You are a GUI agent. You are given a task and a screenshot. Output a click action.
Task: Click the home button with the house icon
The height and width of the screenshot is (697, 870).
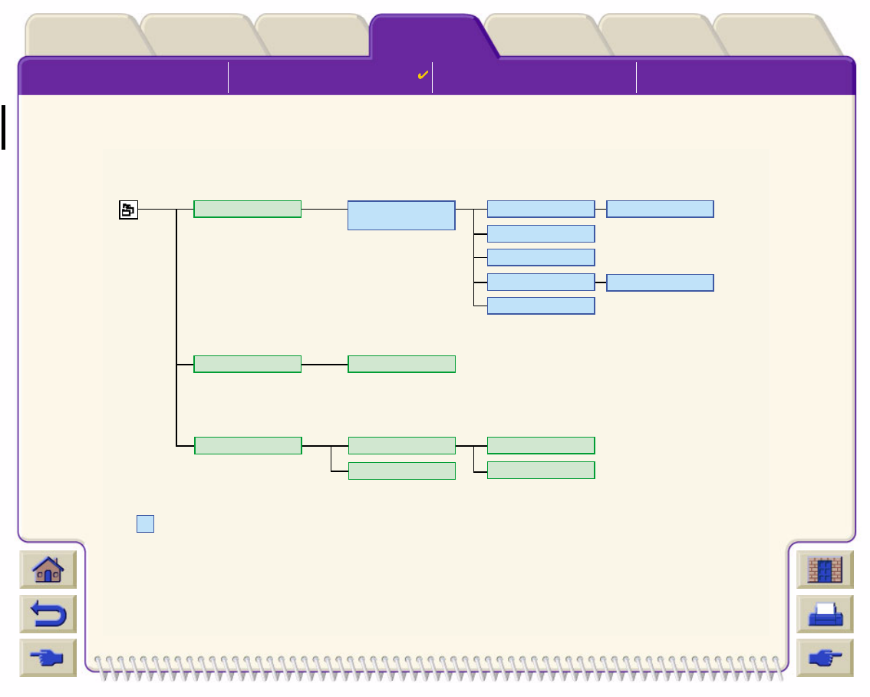click(48, 570)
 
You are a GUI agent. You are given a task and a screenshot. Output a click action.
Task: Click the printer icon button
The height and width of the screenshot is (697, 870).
click(826, 614)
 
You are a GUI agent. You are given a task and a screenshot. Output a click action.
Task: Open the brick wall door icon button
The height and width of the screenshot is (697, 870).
click(826, 570)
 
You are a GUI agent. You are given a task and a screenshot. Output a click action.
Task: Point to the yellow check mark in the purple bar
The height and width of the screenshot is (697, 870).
click(422, 75)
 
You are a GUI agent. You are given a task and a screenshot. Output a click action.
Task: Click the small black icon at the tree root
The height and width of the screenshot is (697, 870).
click(128, 210)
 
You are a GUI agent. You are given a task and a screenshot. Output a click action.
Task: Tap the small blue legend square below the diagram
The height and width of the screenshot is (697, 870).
click(146, 524)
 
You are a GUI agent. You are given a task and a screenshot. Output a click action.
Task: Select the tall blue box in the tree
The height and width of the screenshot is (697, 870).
click(401, 216)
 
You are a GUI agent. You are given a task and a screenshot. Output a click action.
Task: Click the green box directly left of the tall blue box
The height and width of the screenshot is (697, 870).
click(247, 209)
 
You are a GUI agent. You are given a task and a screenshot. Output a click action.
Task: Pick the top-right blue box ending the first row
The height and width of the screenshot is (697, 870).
click(660, 209)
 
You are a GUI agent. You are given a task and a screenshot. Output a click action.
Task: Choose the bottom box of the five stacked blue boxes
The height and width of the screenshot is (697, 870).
click(541, 306)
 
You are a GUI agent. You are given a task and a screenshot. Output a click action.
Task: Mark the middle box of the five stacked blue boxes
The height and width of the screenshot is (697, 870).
click(541, 257)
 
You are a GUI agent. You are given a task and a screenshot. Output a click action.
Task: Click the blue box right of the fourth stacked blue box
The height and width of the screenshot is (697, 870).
click(660, 282)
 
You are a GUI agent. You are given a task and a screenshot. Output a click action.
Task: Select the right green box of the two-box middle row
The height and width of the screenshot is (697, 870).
click(401, 364)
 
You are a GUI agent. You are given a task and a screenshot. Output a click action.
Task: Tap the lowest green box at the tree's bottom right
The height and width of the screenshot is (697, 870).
click(541, 470)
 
